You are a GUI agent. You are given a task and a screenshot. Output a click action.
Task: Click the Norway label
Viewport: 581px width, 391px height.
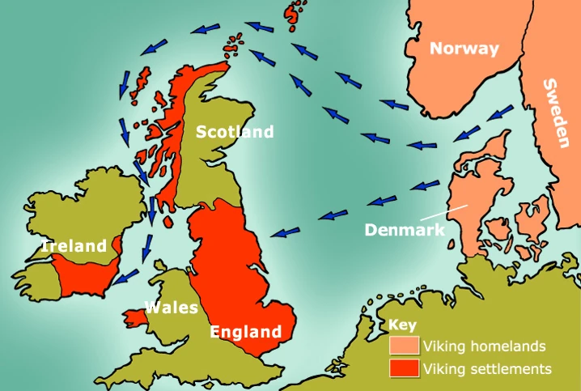point(464,49)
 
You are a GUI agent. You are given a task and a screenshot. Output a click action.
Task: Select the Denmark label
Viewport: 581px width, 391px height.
point(405,229)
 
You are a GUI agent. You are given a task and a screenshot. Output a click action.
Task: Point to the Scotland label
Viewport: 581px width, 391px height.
point(235,132)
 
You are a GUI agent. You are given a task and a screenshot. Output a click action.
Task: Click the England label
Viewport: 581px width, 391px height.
point(245,331)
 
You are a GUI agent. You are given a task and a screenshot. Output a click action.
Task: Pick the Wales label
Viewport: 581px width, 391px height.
point(171,308)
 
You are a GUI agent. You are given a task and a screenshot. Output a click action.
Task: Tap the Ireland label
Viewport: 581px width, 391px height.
point(74,246)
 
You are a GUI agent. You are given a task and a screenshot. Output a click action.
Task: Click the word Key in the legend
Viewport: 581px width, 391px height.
point(401,325)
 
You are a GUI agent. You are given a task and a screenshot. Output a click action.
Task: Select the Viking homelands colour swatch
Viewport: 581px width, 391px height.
point(404,346)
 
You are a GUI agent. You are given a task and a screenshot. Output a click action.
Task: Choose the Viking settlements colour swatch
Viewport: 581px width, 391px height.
point(404,368)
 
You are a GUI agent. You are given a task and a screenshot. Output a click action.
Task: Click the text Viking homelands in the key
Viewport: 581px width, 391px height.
point(486,346)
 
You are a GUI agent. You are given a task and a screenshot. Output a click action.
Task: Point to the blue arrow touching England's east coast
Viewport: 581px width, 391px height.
point(283,232)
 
